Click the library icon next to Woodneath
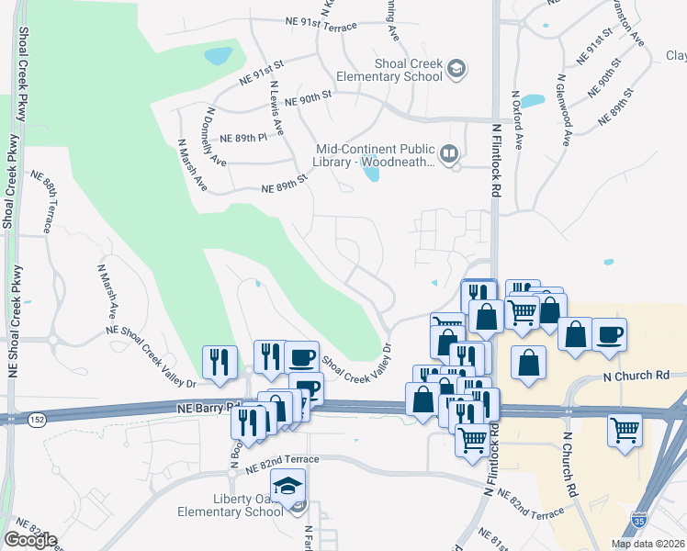pyautogui.click(x=449, y=154)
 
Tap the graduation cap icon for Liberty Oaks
pyautogui.click(x=288, y=485)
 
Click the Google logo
pyautogui.click(x=30, y=540)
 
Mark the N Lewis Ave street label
pyautogui.click(x=275, y=107)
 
